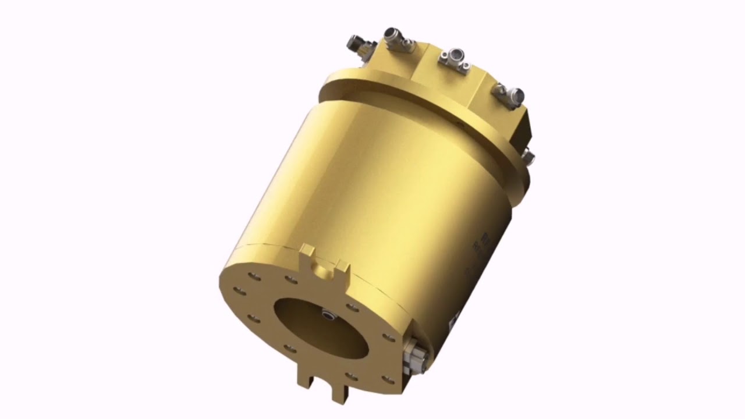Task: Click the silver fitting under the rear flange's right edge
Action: tap(528, 155)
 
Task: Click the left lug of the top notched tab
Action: tap(307, 252)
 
